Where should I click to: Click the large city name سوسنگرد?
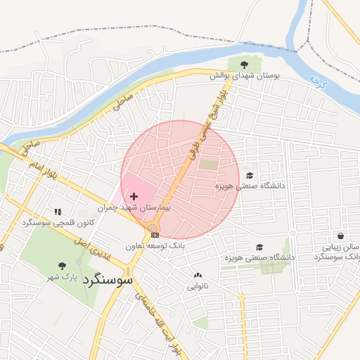tap(107, 279)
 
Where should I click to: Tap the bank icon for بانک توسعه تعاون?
tap(155, 235)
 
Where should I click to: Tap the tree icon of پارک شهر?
tap(62, 266)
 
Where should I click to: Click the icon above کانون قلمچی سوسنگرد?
tap(58, 212)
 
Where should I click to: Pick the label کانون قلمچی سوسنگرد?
tap(58, 223)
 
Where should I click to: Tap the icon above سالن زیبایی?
tap(341, 236)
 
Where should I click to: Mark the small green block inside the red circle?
tap(209, 164)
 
